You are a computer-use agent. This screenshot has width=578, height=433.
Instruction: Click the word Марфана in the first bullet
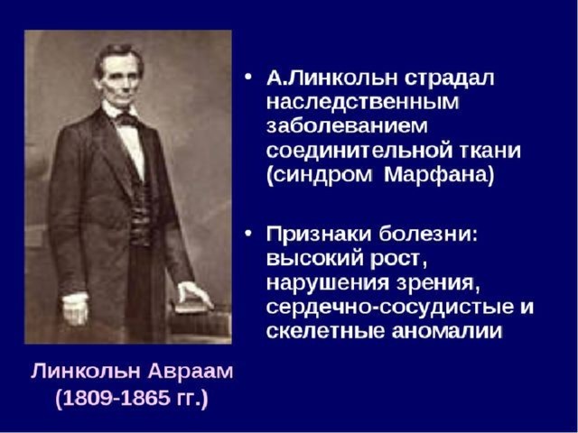point(439,175)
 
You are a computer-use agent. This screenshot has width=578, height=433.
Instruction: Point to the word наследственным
point(363,102)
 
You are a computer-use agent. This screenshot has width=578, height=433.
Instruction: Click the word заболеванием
point(347,126)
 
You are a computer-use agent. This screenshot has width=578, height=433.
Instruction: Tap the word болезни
point(428,235)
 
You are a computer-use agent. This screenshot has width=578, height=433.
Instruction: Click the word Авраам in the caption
point(191,372)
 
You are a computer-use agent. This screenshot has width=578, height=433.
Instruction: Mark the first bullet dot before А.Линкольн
point(249,78)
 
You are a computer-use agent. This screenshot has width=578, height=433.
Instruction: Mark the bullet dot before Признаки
point(249,234)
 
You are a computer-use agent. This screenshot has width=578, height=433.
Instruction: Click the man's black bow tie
point(126,119)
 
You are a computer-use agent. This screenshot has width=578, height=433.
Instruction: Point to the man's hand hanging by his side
point(75,309)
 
